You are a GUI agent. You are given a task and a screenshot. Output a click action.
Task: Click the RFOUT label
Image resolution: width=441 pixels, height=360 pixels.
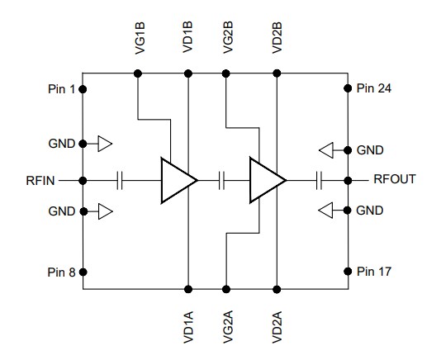click(396, 179)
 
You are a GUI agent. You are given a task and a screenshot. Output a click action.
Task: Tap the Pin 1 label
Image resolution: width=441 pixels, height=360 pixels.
click(60, 88)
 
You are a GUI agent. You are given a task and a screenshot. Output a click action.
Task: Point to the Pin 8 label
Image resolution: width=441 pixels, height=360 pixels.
click(60, 272)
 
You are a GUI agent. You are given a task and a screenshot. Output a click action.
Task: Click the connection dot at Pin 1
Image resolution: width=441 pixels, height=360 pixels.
click(83, 88)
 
